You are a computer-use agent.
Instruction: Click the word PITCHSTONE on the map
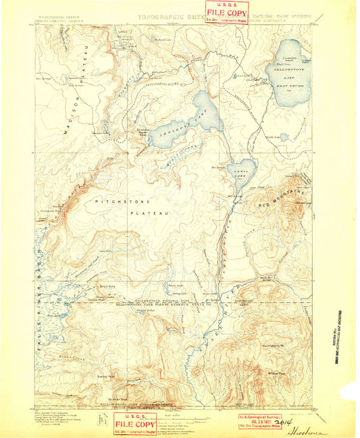pyautogui.click(x=118, y=201)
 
